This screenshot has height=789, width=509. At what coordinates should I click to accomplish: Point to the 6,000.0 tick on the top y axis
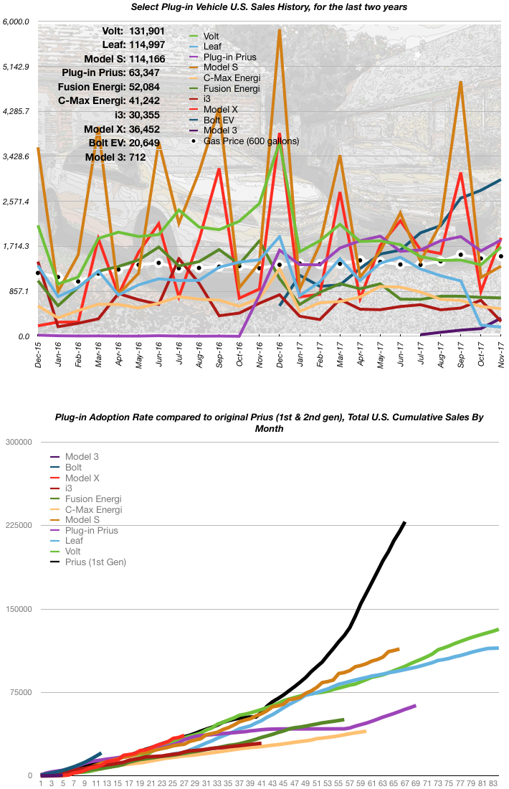[x=16, y=22]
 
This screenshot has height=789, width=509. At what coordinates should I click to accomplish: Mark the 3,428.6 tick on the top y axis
[x=16, y=156]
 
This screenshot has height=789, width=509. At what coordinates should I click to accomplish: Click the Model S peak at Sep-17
[x=460, y=82]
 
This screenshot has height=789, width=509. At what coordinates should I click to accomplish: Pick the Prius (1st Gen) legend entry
[x=95, y=562]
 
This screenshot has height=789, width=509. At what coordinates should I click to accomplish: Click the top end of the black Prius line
[x=405, y=522]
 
